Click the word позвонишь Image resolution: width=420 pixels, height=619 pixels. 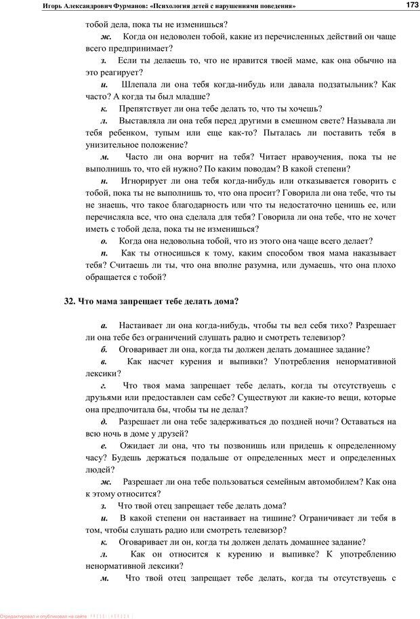pos(244,445)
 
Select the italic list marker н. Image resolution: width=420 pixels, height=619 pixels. pos(104,181)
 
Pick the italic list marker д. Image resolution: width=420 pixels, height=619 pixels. pos(104,421)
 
